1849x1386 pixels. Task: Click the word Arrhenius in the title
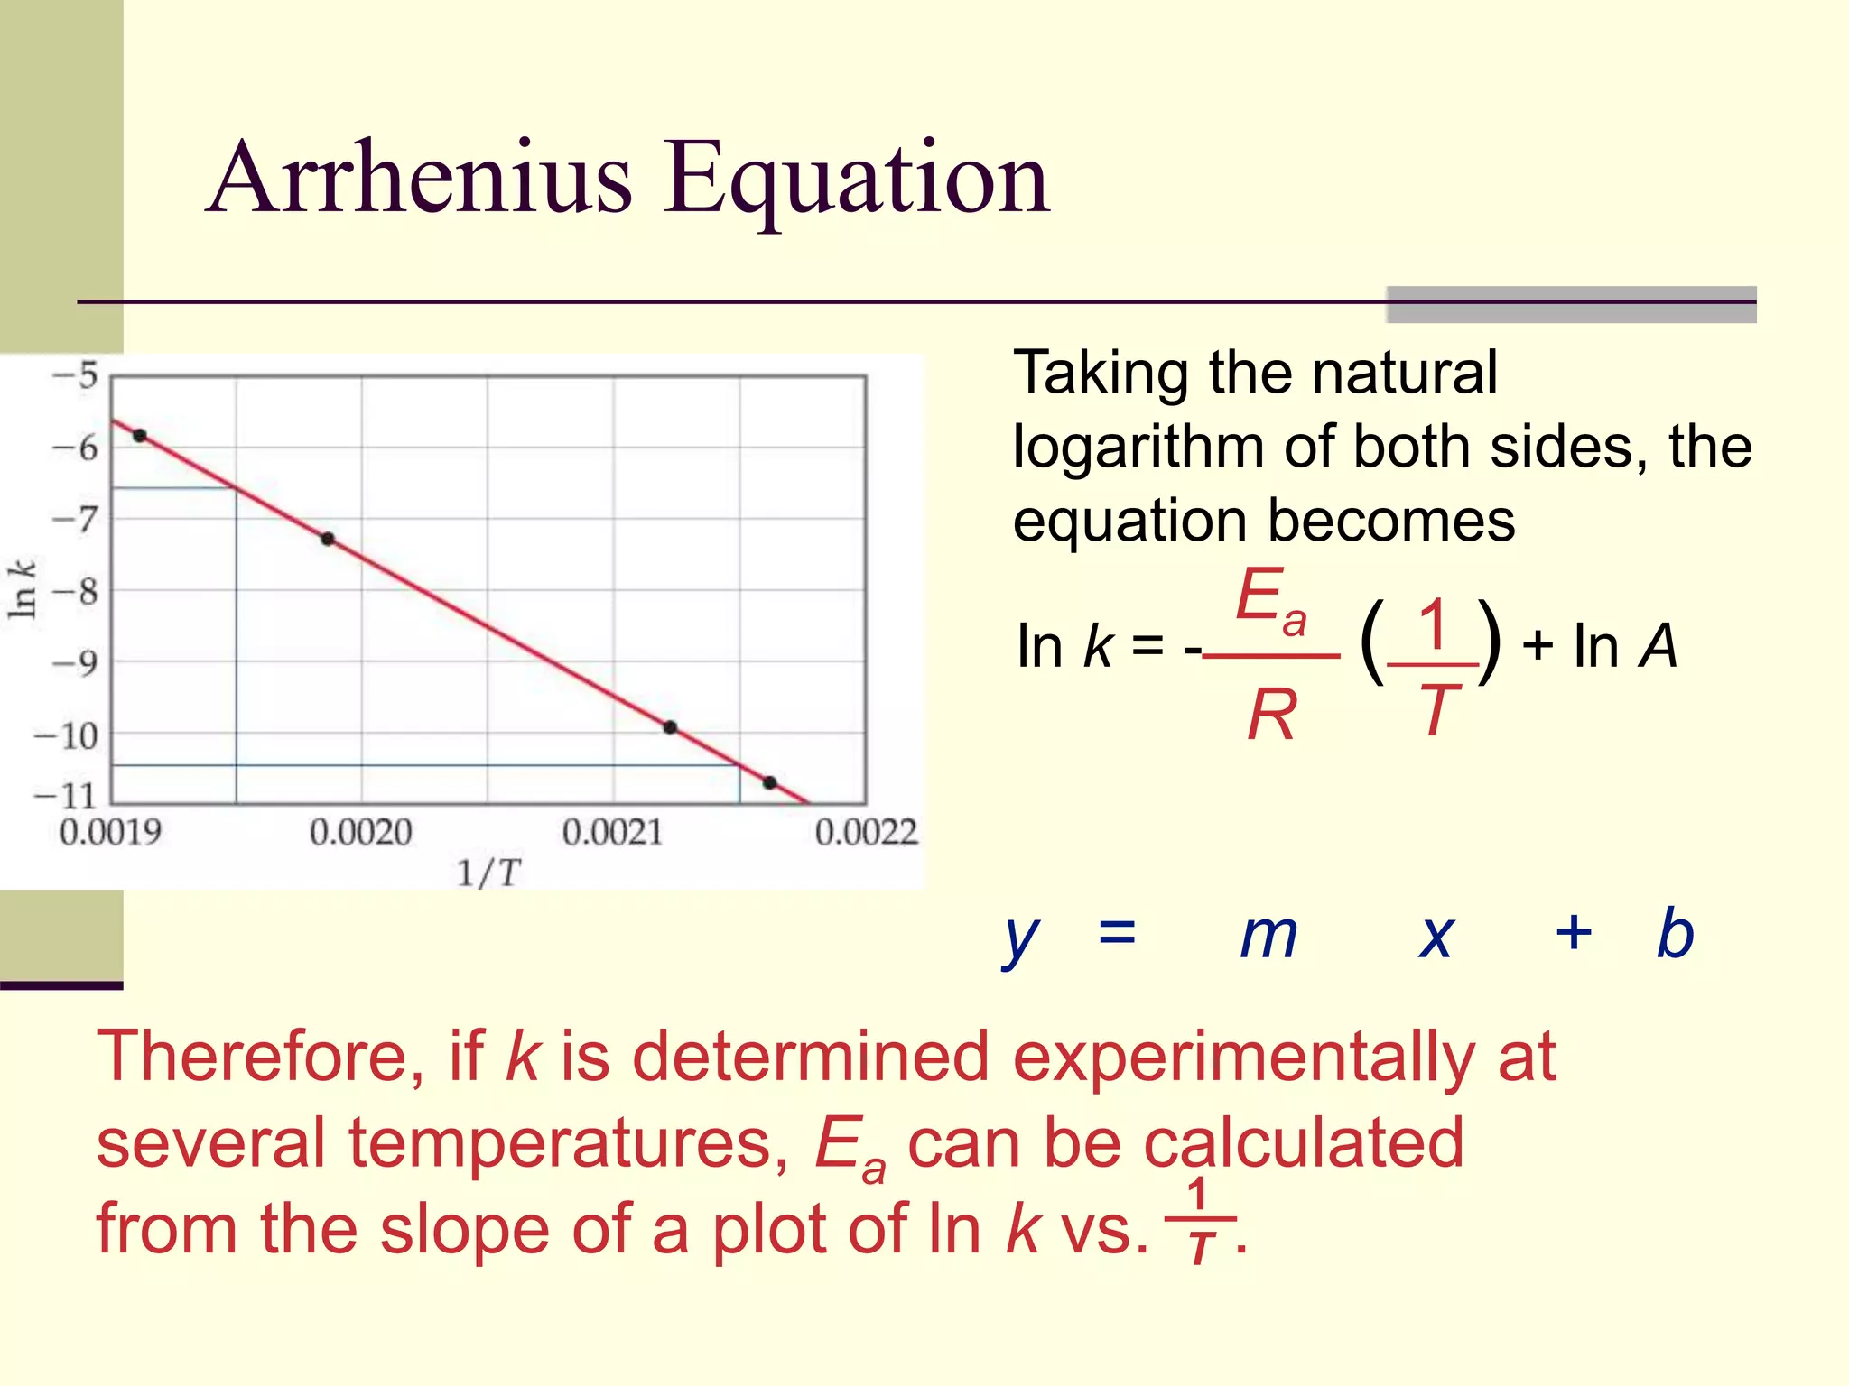420,178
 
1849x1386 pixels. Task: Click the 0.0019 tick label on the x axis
110,832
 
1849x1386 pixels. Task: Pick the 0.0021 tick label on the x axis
612,832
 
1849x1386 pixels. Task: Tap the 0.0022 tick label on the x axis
866,832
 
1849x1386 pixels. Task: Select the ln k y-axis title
22,590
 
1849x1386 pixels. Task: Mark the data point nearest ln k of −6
140,436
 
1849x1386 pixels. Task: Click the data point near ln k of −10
670,727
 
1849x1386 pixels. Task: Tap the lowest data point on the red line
769,782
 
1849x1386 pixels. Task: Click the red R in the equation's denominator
1271,715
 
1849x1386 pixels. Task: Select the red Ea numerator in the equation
1269,598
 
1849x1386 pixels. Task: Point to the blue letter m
1268,935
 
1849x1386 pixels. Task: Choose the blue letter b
1675,933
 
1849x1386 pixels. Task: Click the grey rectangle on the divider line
1571,304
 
